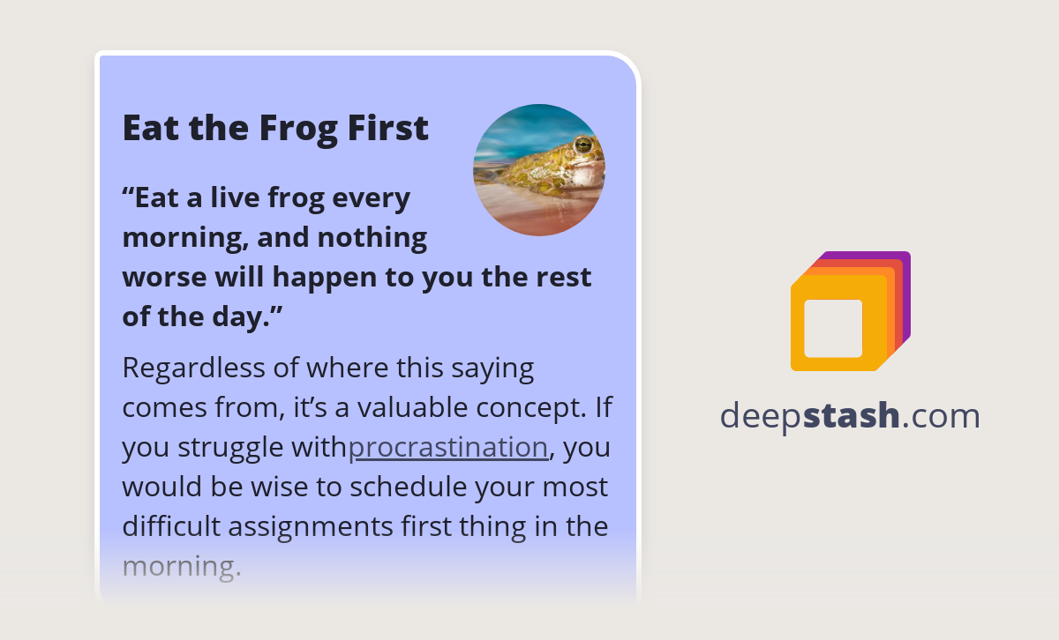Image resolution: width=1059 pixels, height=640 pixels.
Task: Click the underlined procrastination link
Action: (448, 447)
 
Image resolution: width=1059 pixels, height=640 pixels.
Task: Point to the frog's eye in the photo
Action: (582, 144)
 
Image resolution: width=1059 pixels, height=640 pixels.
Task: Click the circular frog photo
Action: (539, 170)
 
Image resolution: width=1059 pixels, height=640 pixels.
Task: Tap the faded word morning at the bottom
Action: (181, 566)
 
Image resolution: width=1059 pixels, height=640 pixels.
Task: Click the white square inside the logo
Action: (833, 328)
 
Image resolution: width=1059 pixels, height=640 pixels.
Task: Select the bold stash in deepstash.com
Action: (851, 415)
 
